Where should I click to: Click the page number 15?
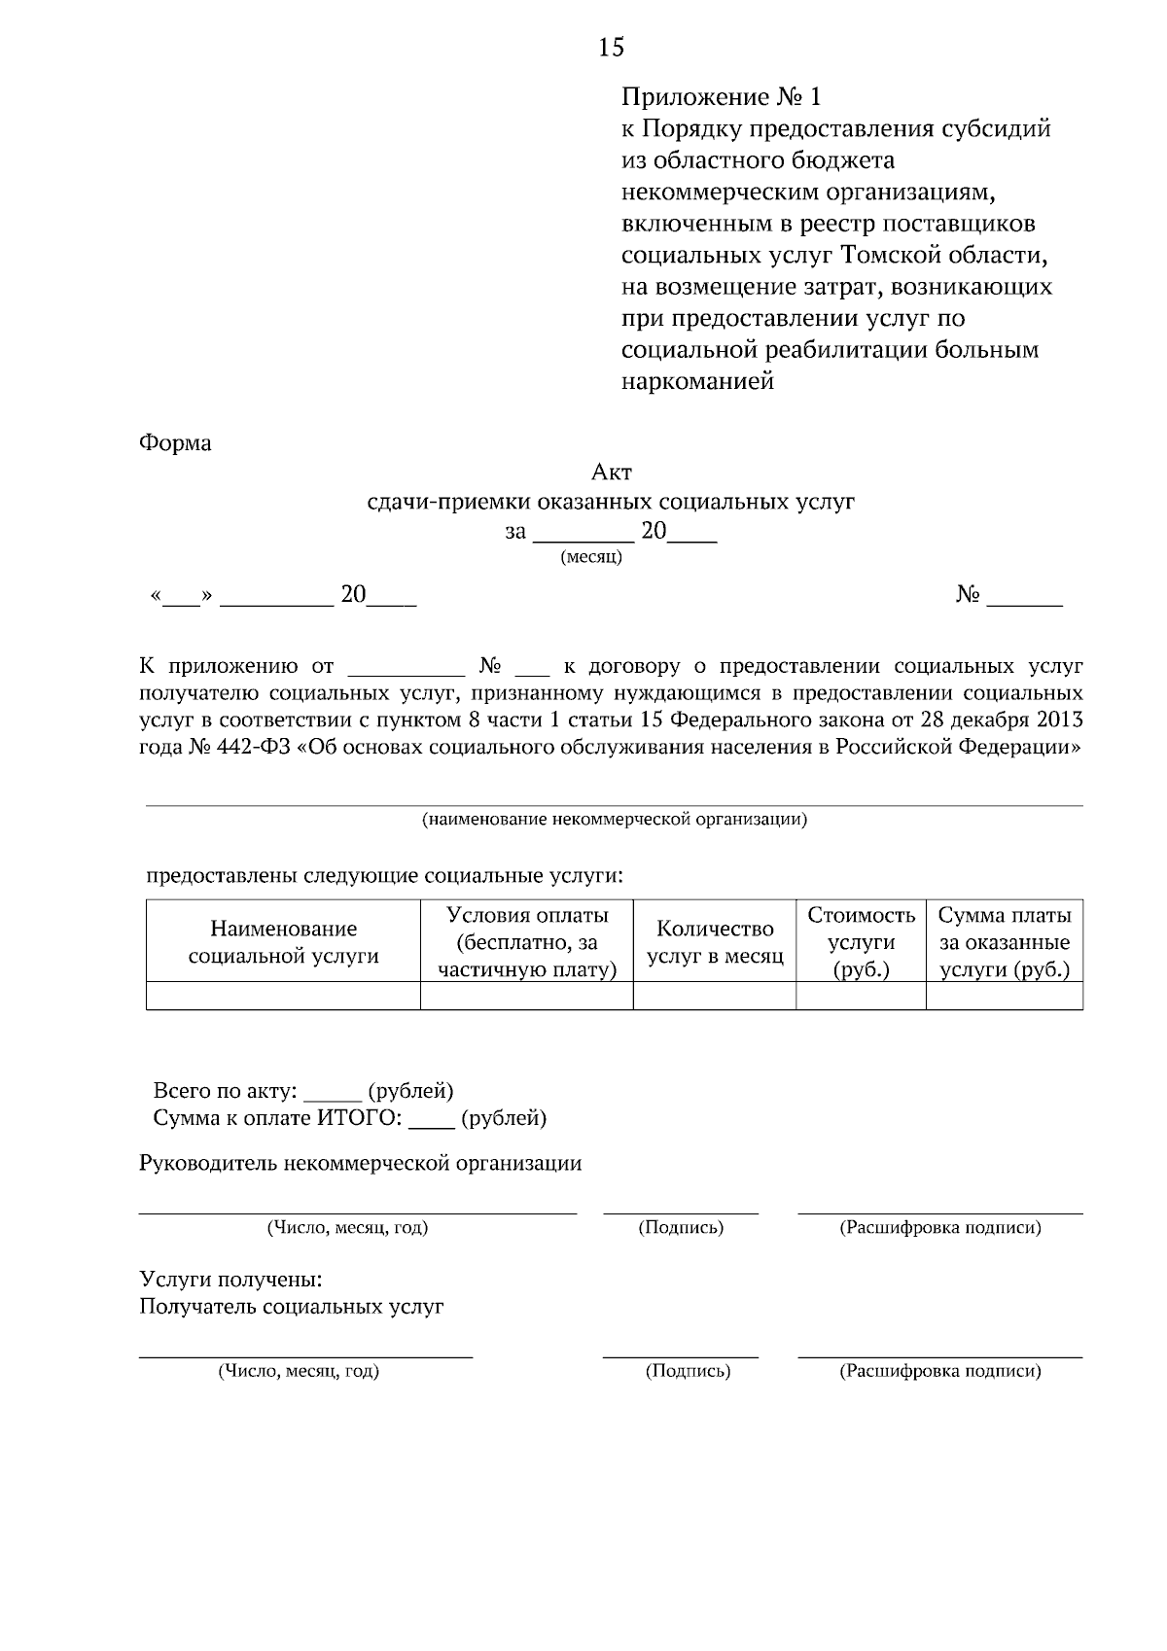[612, 47]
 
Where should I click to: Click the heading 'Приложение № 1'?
[721, 97]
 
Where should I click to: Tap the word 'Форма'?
[175, 443]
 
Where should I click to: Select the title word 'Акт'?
[612, 473]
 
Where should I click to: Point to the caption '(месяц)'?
[591, 558]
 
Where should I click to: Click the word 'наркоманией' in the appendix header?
[697, 382]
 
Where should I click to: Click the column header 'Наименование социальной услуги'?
[283, 942]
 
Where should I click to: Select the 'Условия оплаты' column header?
[527, 942]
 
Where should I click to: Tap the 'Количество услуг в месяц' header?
[715, 942]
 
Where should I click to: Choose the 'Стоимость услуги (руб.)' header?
[861, 942]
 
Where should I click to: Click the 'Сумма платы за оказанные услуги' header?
[1004, 942]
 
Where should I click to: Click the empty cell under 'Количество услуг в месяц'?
[715, 997]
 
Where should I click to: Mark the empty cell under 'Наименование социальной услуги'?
[283, 997]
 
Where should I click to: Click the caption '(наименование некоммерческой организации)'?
[614, 820]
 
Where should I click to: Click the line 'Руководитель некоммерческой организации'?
[361, 1164]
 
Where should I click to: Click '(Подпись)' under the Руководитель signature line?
[681, 1228]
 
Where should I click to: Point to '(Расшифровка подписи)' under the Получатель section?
[939, 1372]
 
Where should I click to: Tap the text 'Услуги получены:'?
[230, 1280]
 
